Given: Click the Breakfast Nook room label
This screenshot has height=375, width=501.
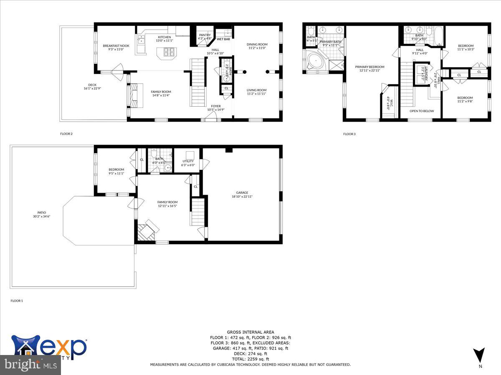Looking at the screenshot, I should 116,46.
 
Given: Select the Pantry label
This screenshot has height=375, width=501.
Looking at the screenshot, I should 205,35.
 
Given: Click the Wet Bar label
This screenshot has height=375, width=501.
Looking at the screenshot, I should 223,39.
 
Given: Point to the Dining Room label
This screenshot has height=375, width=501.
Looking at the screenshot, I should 257,44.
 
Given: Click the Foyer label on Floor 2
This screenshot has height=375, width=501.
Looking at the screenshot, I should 216,106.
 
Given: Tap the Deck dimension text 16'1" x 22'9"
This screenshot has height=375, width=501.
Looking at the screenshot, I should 92,88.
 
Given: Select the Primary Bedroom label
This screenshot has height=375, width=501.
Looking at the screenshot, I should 369,67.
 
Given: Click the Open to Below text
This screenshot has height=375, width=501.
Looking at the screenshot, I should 421,111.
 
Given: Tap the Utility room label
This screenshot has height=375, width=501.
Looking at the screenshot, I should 188,161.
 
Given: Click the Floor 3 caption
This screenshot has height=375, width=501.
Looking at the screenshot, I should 349,134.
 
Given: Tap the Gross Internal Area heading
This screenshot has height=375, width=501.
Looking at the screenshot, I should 250,332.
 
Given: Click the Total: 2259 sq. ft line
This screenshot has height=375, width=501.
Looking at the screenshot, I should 250,359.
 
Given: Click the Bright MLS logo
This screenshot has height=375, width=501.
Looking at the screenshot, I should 30,365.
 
